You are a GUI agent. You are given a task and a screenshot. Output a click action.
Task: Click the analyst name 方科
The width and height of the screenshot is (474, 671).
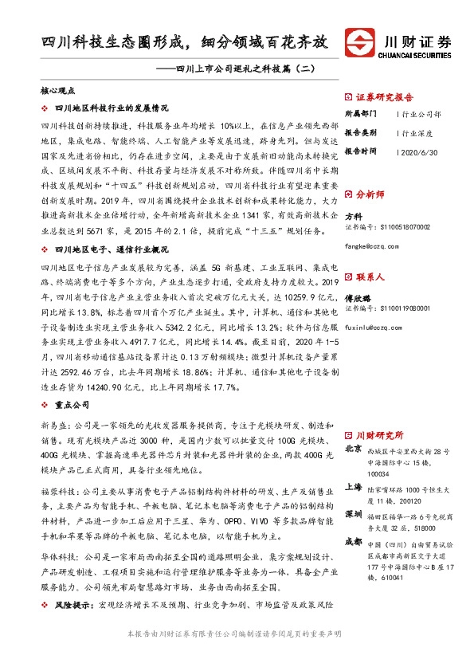354,216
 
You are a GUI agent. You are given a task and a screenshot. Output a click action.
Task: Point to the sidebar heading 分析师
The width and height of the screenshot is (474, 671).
370,194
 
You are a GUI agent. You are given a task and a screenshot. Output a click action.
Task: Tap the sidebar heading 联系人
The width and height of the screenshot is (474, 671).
370,277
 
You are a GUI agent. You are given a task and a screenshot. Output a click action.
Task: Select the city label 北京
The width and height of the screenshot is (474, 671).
355,449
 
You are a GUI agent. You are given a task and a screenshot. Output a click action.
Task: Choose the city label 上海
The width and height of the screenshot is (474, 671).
355,487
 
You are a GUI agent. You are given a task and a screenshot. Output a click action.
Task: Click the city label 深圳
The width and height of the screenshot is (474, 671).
355,515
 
